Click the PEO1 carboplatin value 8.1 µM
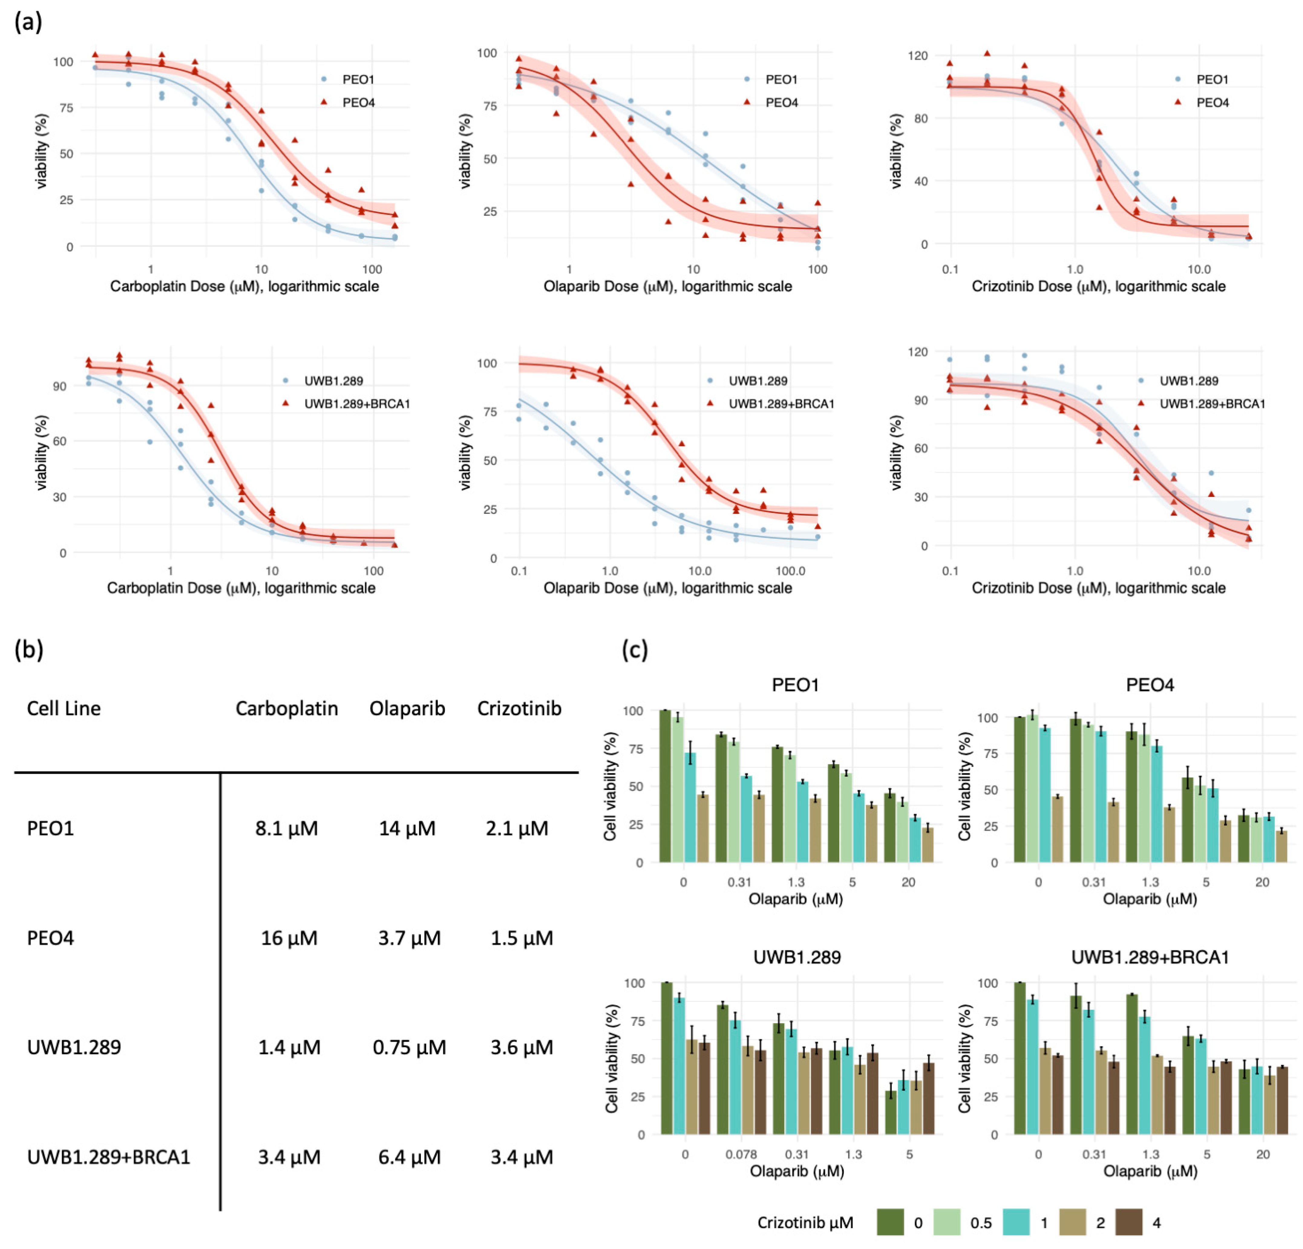click(x=286, y=828)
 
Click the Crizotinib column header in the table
click(x=519, y=709)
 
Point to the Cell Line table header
click(x=64, y=709)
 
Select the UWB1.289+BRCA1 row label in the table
click(x=108, y=1157)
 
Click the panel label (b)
click(x=28, y=649)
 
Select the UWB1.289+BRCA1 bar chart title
click(x=1149, y=957)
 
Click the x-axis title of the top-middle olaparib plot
click(x=667, y=287)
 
